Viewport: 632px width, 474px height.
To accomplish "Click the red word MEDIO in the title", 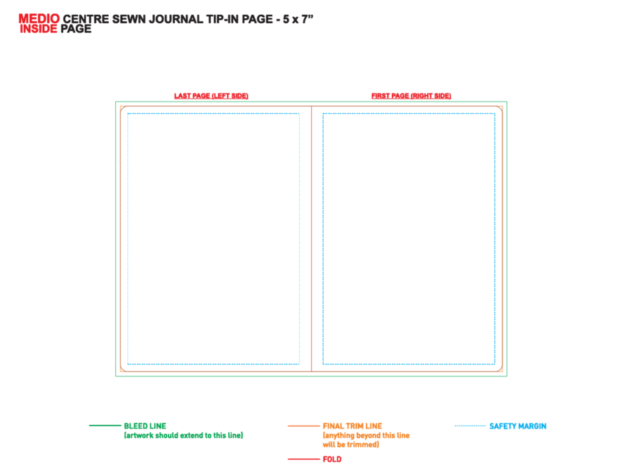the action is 39,18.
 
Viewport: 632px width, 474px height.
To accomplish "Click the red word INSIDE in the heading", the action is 39,29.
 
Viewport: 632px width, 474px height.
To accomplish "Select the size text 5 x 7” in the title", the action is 298,19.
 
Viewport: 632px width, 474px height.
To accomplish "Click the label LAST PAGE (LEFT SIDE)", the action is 211,96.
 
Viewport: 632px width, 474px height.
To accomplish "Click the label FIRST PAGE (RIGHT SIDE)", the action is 411,96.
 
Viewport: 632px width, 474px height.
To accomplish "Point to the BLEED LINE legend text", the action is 145,426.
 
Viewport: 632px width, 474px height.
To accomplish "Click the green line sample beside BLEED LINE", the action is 105,426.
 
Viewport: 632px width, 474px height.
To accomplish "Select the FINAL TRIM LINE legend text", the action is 353,426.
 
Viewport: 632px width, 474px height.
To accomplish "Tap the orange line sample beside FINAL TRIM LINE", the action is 303,426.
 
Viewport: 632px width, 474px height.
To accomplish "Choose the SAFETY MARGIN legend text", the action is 518,426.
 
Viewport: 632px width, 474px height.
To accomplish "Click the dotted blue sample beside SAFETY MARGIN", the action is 470,426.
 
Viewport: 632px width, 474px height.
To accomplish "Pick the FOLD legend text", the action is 332,459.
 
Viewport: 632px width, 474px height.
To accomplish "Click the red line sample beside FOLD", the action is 303,459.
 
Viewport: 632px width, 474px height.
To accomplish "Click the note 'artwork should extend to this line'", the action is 183,435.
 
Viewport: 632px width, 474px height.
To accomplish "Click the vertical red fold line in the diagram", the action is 312,239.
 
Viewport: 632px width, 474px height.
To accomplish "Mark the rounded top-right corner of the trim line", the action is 499,110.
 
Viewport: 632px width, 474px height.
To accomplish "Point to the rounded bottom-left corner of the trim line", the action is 124,369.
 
